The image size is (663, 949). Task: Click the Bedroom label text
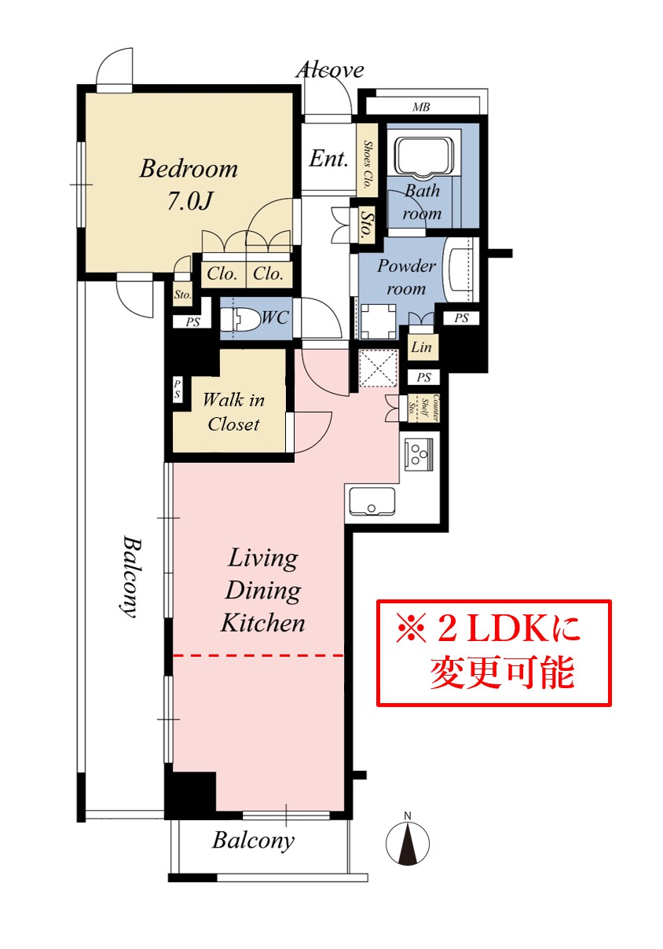[x=189, y=169]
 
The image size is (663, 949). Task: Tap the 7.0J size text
[x=189, y=201]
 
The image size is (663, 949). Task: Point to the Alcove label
[x=330, y=70]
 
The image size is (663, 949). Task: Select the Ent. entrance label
[x=328, y=159]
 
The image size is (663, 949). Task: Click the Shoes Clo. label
[x=368, y=164]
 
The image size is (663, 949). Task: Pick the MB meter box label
[x=421, y=107]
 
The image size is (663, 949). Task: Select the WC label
[x=275, y=317]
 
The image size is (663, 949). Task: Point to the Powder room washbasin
[x=459, y=269]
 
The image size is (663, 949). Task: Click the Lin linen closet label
[x=422, y=347]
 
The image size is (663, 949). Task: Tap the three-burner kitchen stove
[x=419, y=454]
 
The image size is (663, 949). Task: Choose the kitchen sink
[x=372, y=501]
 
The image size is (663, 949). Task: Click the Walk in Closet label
[x=234, y=412]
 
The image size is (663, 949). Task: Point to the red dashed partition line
[x=258, y=656]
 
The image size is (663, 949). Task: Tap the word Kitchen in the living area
[x=263, y=623]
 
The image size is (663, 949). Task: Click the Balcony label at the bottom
[x=253, y=841]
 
